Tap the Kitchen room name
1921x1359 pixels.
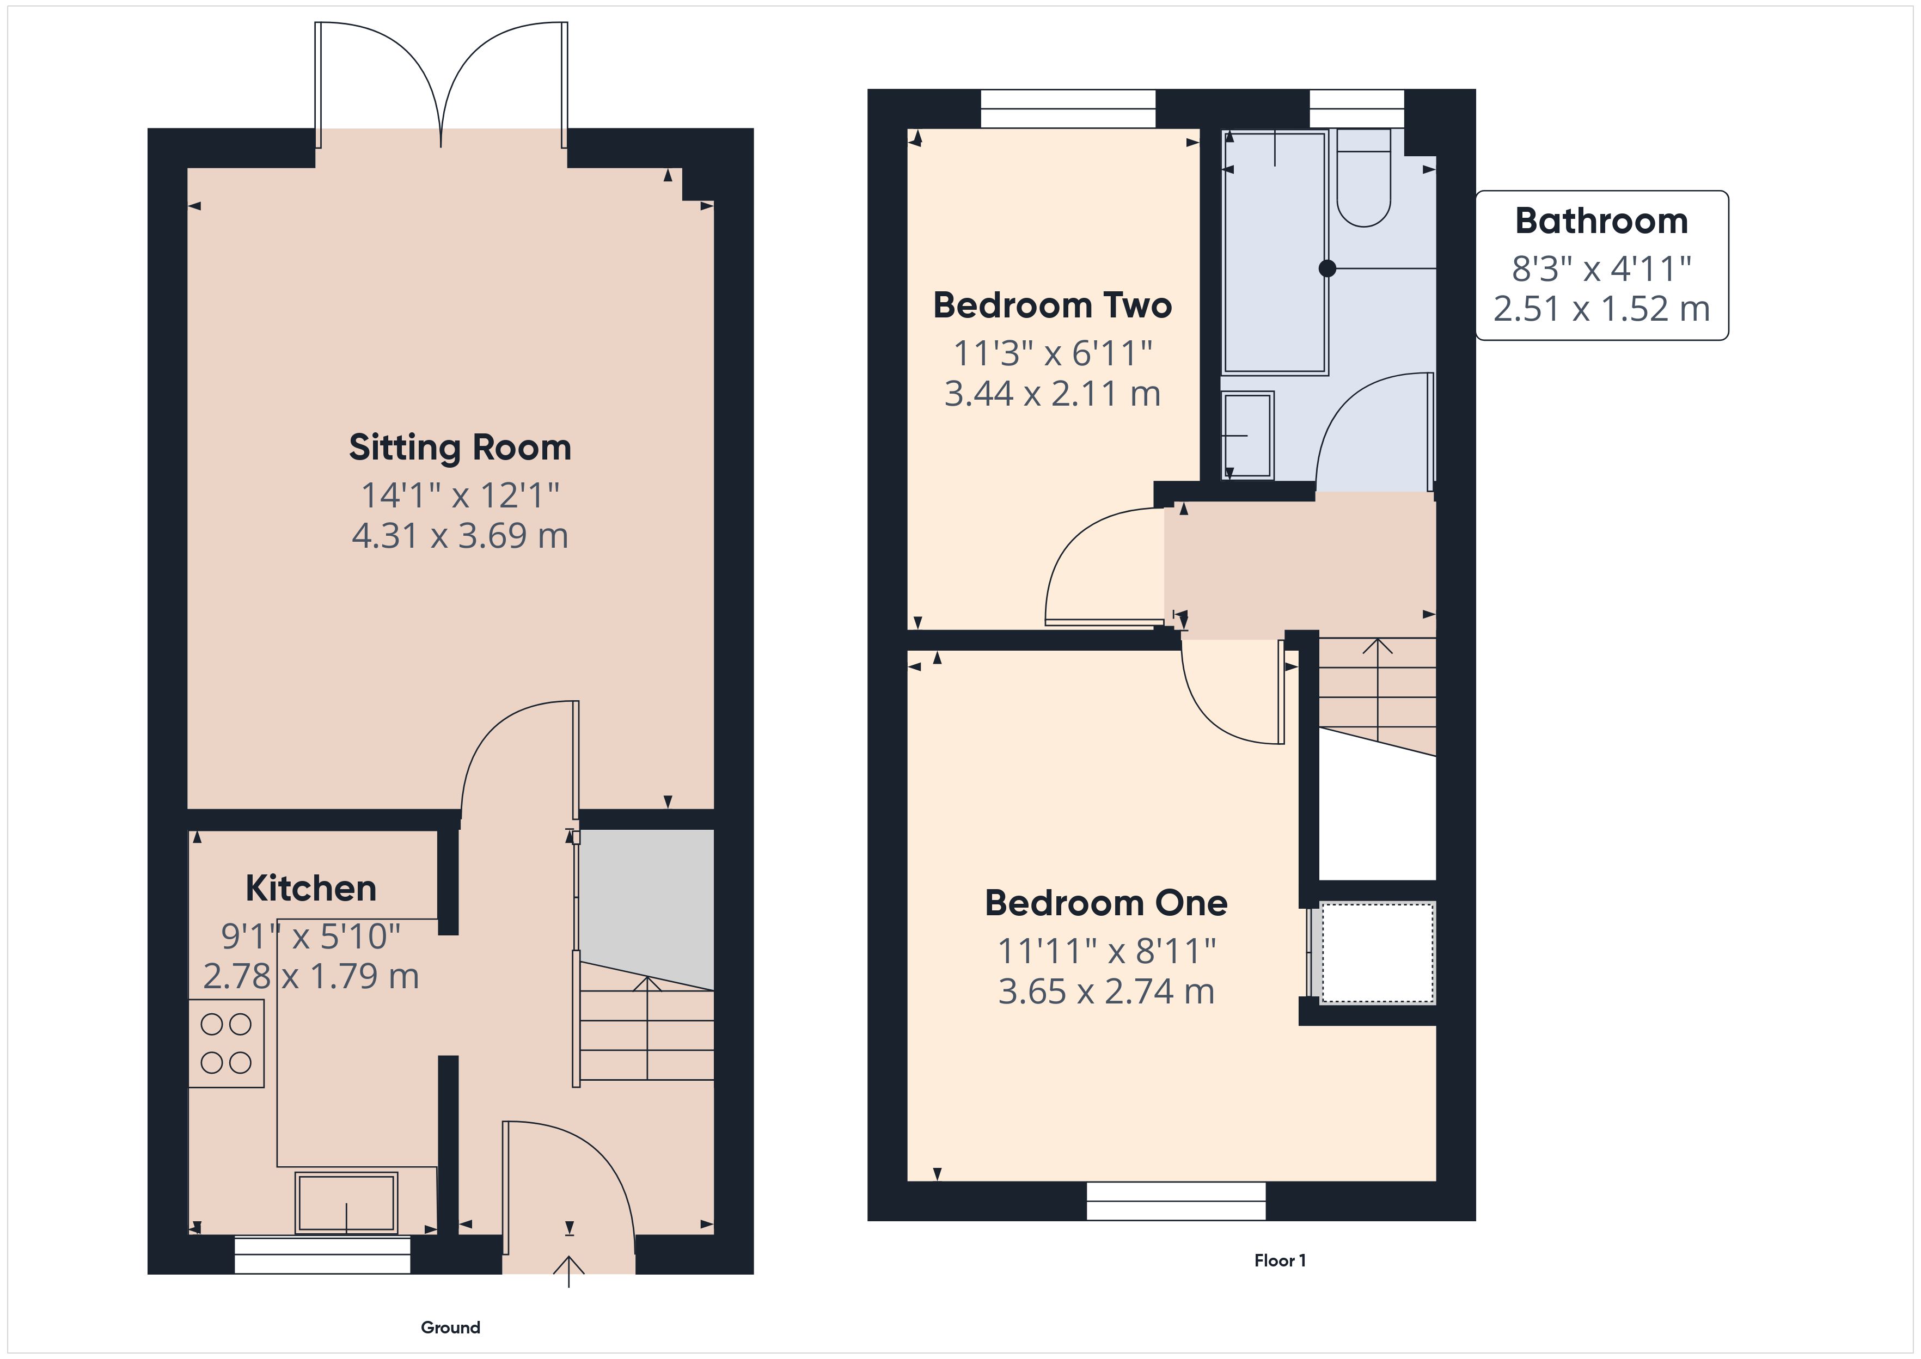coord(311,889)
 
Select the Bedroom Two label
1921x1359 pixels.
coord(1053,305)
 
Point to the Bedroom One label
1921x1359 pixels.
coord(1106,903)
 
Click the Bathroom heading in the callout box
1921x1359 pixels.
coord(1601,221)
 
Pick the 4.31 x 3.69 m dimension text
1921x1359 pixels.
coord(460,536)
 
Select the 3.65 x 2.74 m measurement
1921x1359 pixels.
coord(1106,991)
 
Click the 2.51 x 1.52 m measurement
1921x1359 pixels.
coord(1601,309)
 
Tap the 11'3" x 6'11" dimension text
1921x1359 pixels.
coord(1053,353)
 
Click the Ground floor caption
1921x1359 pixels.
coord(450,1328)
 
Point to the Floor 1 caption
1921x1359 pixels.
coord(1280,1261)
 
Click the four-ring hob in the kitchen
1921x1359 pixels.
coord(226,1044)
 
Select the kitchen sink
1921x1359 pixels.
coord(346,1203)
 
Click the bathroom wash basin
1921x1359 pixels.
coord(1247,435)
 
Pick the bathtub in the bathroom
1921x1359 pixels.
coord(1275,251)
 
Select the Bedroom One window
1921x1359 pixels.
coord(1176,1201)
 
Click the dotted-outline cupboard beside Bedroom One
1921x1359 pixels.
coord(1377,952)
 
